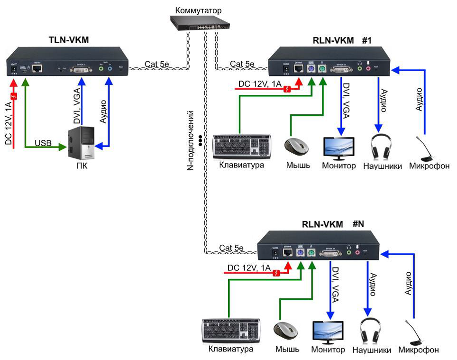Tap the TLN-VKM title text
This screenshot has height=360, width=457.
pyautogui.click(x=69, y=40)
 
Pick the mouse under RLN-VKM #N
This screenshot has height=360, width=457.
pyautogui.click(x=285, y=331)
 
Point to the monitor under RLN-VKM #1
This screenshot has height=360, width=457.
pyautogui.click(x=338, y=148)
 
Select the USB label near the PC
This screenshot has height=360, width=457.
pyautogui.click(x=43, y=142)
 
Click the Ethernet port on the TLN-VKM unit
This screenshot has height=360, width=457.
pyautogui.click(x=37, y=68)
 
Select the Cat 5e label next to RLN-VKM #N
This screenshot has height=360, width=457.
pyautogui.click(x=231, y=248)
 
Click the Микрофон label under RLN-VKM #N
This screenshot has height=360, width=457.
pyautogui.click(x=418, y=350)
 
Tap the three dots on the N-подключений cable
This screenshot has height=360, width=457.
pyautogui.click(x=201, y=141)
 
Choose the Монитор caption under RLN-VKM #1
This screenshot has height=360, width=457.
pyautogui.click(x=338, y=166)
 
